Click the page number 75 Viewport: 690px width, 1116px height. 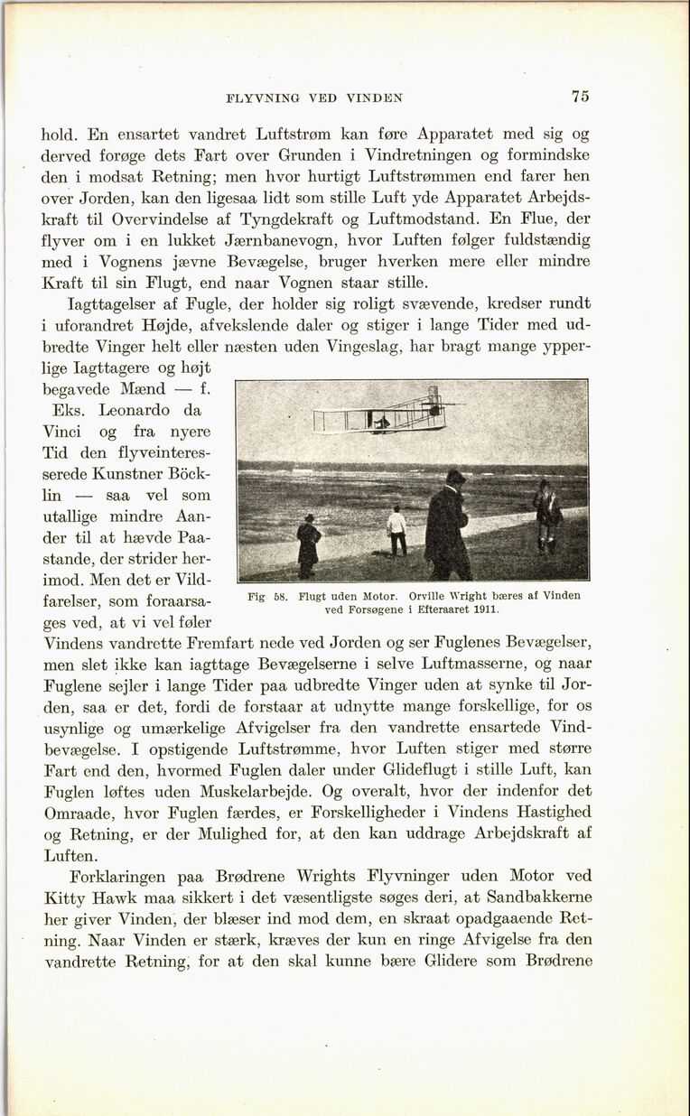[x=580, y=97]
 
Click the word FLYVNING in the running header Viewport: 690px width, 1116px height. [x=264, y=98]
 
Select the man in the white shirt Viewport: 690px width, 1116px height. [x=396, y=530]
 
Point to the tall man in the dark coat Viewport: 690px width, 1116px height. [x=447, y=525]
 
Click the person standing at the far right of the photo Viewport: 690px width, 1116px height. [x=545, y=515]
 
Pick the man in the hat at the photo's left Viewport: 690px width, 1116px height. [x=309, y=545]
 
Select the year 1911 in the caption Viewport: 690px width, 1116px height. [x=485, y=609]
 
